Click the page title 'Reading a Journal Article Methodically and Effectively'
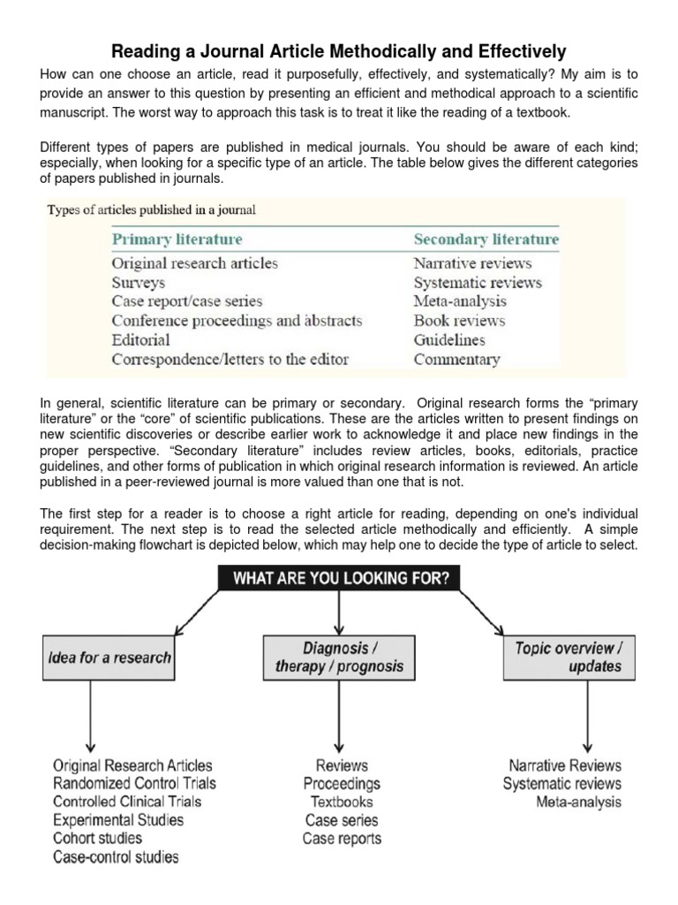339,51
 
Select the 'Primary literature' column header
177,240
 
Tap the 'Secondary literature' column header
486,240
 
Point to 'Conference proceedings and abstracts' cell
237,321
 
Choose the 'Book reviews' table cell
459,321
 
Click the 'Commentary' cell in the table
456,360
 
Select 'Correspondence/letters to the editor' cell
230,360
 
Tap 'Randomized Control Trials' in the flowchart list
134,783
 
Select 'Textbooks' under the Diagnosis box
342,802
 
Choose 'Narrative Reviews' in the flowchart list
565,765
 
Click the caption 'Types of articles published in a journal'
151,210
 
